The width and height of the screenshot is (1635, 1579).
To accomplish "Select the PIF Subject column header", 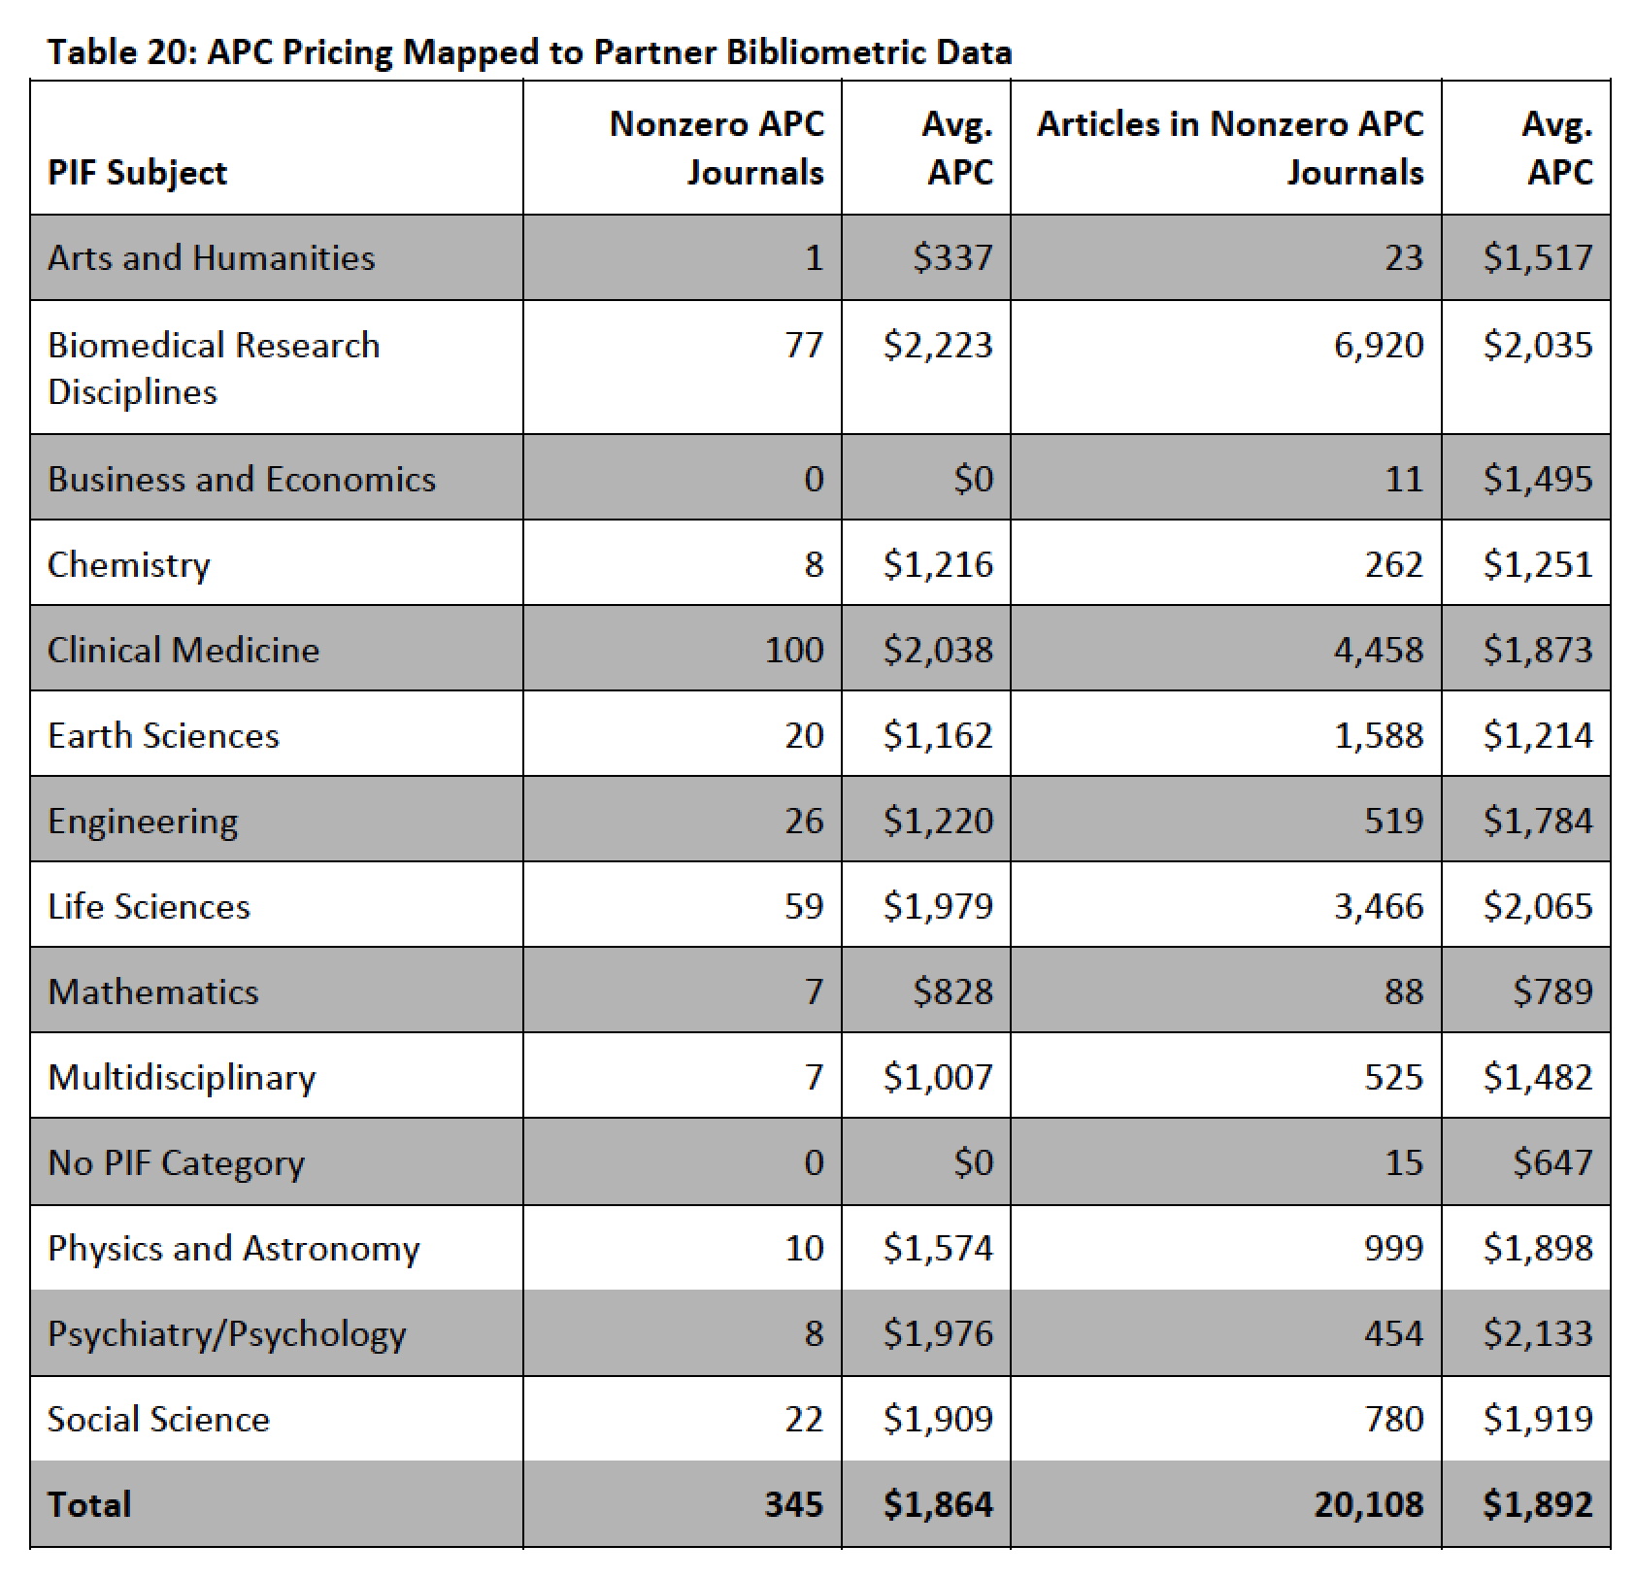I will coord(137,172).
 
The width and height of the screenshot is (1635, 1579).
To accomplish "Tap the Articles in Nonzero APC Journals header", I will coord(1230,148).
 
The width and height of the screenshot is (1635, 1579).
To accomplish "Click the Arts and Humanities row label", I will coord(211,257).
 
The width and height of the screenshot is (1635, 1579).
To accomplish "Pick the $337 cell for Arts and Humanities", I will coord(952,257).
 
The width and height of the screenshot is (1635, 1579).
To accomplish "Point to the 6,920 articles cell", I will coord(1378,345).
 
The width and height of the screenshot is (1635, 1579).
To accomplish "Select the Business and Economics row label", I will coord(242,479).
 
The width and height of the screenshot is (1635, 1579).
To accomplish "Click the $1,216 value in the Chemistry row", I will coord(938,564).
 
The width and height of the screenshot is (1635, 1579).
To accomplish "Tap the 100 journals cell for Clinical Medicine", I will coord(793,650).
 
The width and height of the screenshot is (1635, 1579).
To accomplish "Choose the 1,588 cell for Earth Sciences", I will coord(1378,735).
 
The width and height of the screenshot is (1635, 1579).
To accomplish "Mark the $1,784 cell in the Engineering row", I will coord(1537,821).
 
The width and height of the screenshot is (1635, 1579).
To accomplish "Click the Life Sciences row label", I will coord(149,906).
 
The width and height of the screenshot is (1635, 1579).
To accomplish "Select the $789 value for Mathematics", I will coord(1552,991).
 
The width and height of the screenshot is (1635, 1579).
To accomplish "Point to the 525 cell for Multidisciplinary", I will coord(1393,1077).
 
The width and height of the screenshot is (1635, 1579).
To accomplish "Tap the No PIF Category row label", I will coord(176,1162).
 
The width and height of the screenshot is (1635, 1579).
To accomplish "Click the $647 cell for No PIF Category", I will coord(1552,1162).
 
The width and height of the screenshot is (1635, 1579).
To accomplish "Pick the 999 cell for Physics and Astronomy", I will coord(1393,1248).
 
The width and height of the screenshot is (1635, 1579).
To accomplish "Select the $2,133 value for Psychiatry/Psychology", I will coord(1537,1333).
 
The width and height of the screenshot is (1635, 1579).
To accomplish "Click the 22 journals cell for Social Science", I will coord(803,1419).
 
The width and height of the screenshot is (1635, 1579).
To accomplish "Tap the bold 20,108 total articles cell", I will coord(1368,1504).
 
